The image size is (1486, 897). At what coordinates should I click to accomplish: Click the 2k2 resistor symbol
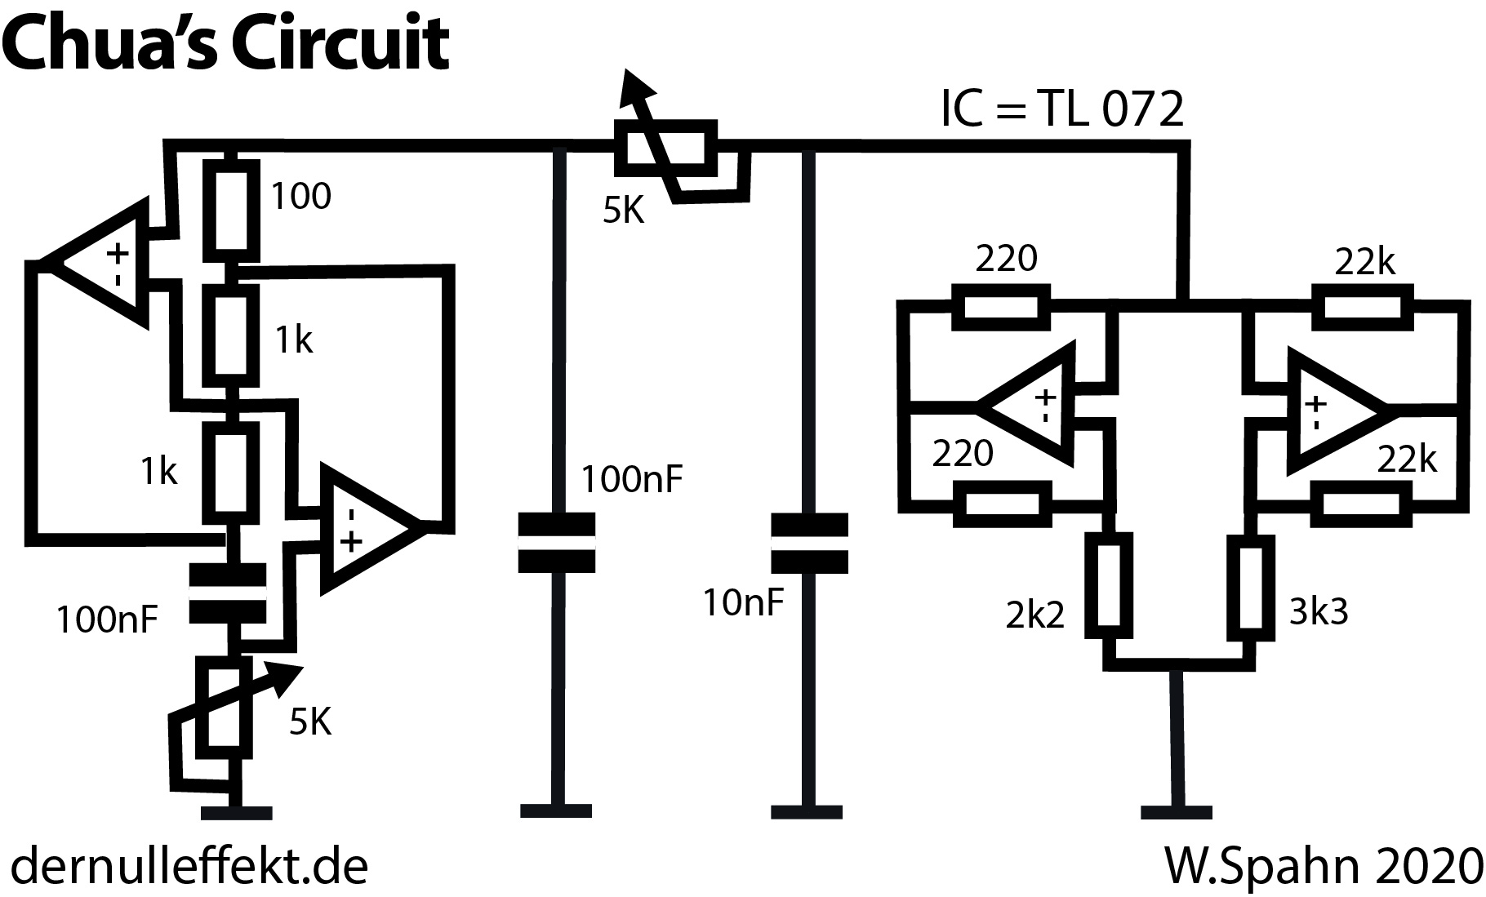[x=1110, y=585]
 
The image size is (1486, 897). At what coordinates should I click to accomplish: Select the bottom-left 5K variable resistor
[x=223, y=707]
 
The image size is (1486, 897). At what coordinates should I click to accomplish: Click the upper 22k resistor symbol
[x=1361, y=306]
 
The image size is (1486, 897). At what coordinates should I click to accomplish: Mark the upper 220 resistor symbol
[x=1000, y=307]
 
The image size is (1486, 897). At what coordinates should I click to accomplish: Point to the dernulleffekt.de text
[x=189, y=867]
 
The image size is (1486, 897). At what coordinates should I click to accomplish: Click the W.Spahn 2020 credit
[x=1322, y=867]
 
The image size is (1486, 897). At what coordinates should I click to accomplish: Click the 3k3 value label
[x=1319, y=611]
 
